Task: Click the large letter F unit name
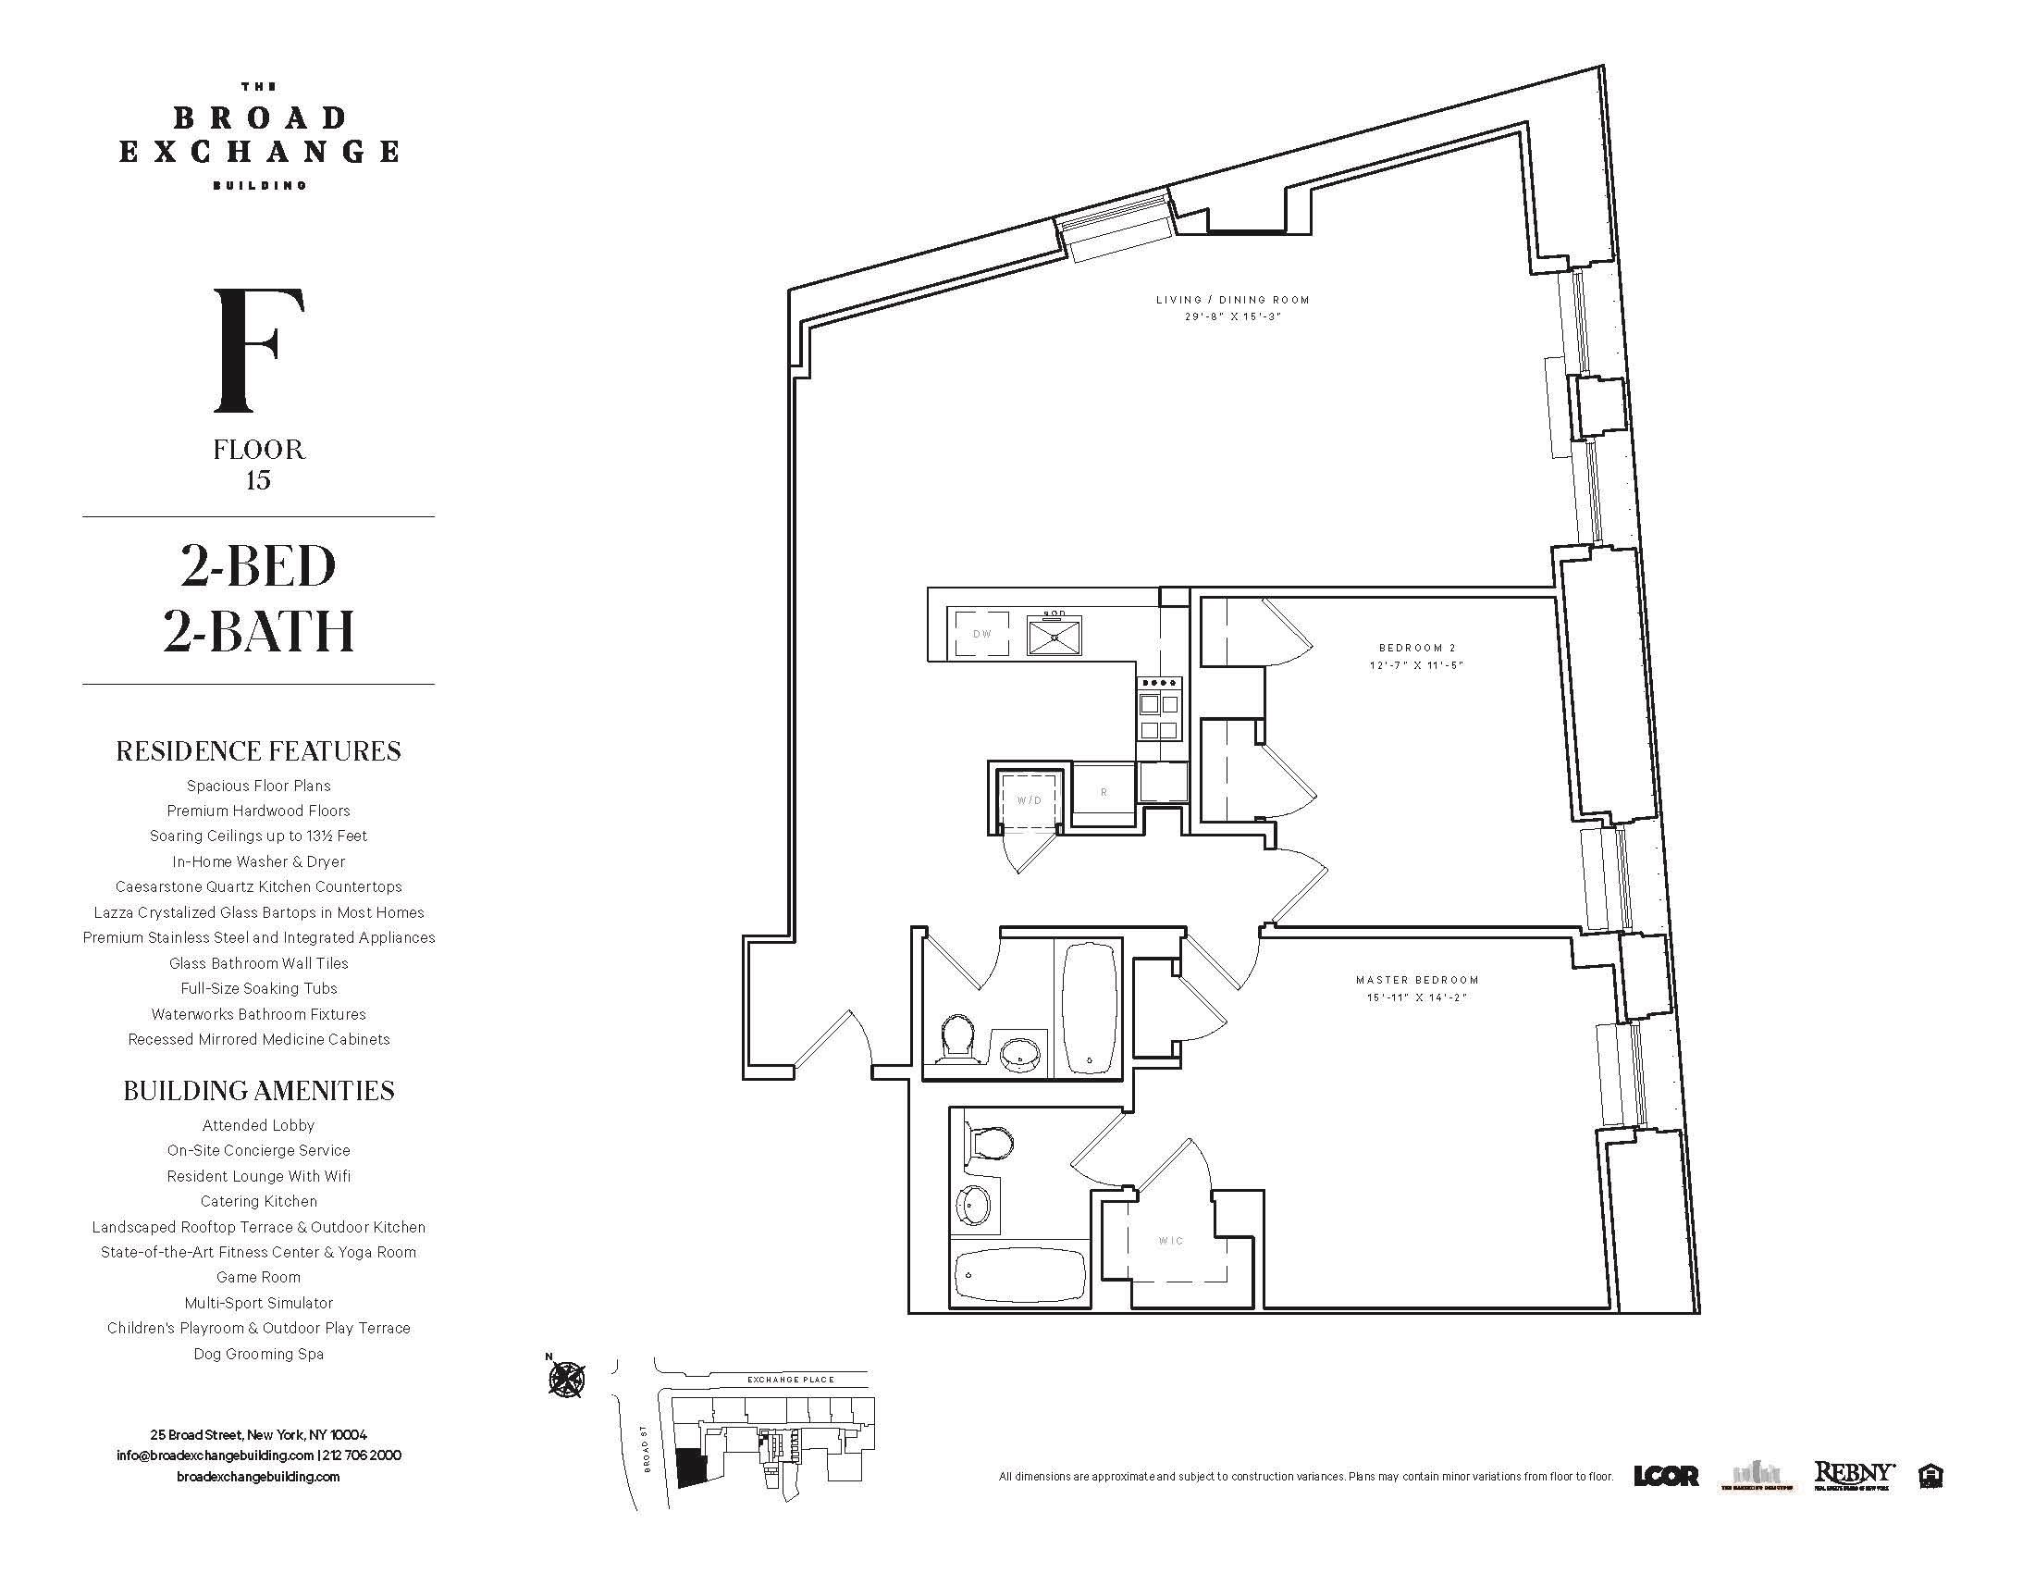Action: [258, 351]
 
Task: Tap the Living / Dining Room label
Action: [1232, 300]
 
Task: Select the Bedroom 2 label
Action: [1416, 648]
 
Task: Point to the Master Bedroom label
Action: [1416, 979]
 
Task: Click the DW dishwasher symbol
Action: [980, 634]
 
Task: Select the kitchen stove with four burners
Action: [1158, 708]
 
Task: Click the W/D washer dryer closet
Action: [1029, 799]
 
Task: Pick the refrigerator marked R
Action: [1104, 792]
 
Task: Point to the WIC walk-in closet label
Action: [1170, 1240]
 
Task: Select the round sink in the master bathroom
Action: [974, 1206]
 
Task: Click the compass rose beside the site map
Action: [566, 1379]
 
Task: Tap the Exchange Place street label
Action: [791, 1380]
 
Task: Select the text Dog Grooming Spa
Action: [258, 1354]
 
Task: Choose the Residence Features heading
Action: [258, 751]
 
